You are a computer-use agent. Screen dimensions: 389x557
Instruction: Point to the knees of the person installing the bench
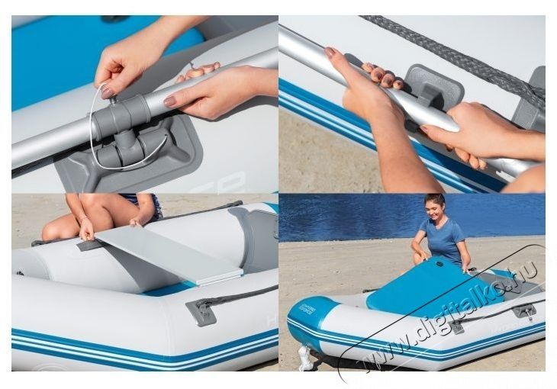tap(61, 225)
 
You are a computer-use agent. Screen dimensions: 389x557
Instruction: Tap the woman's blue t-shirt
tap(443, 240)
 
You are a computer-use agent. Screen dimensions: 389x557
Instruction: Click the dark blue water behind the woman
tap(343, 217)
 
